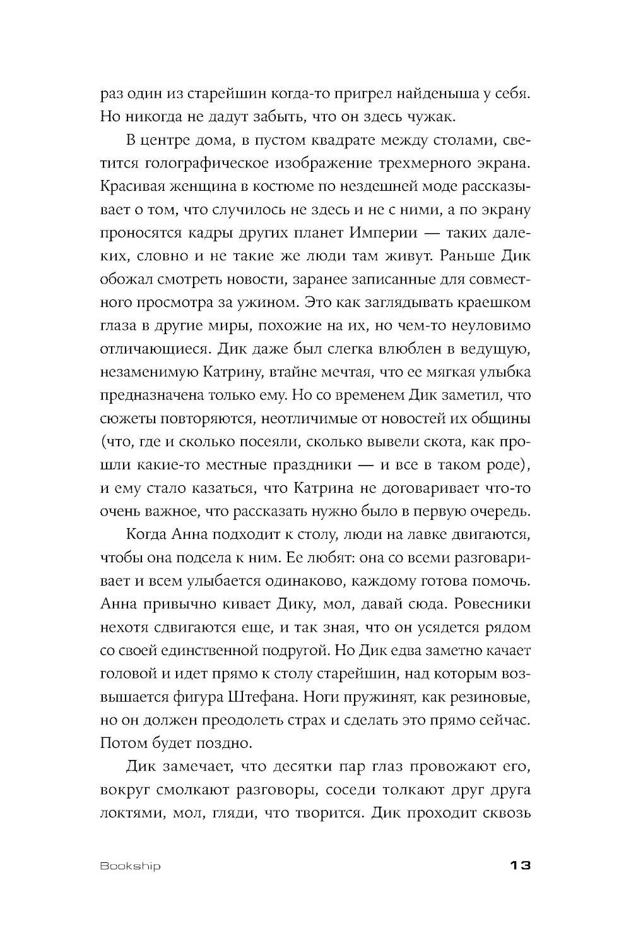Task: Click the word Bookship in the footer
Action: pos(130,865)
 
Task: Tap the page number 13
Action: pos(516,865)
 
